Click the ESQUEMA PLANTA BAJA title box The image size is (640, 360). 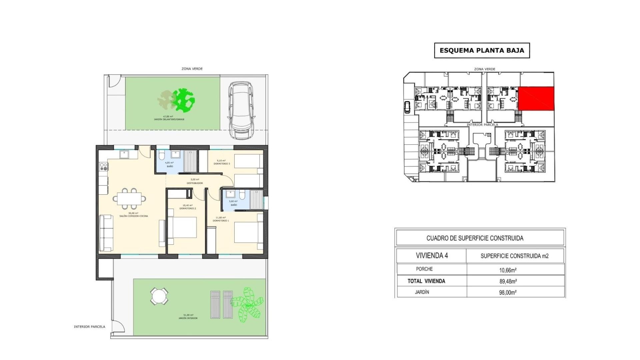click(x=482, y=51)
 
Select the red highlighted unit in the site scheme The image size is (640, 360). click(x=536, y=98)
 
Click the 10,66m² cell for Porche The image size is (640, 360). click(x=508, y=270)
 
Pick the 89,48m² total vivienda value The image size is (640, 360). click(x=508, y=281)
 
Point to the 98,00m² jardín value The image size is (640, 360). click(x=508, y=292)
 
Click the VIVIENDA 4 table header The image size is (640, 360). click(x=432, y=256)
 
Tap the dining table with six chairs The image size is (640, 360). click(x=129, y=198)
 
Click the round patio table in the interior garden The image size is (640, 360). click(x=159, y=296)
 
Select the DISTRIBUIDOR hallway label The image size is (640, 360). click(x=195, y=183)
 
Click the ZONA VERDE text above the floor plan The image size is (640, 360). click(x=192, y=69)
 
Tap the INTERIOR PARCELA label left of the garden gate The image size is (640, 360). click(x=89, y=327)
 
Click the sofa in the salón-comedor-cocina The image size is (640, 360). click(x=106, y=233)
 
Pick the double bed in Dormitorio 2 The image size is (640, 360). click(x=182, y=227)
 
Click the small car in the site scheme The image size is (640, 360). click(x=407, y=107)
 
